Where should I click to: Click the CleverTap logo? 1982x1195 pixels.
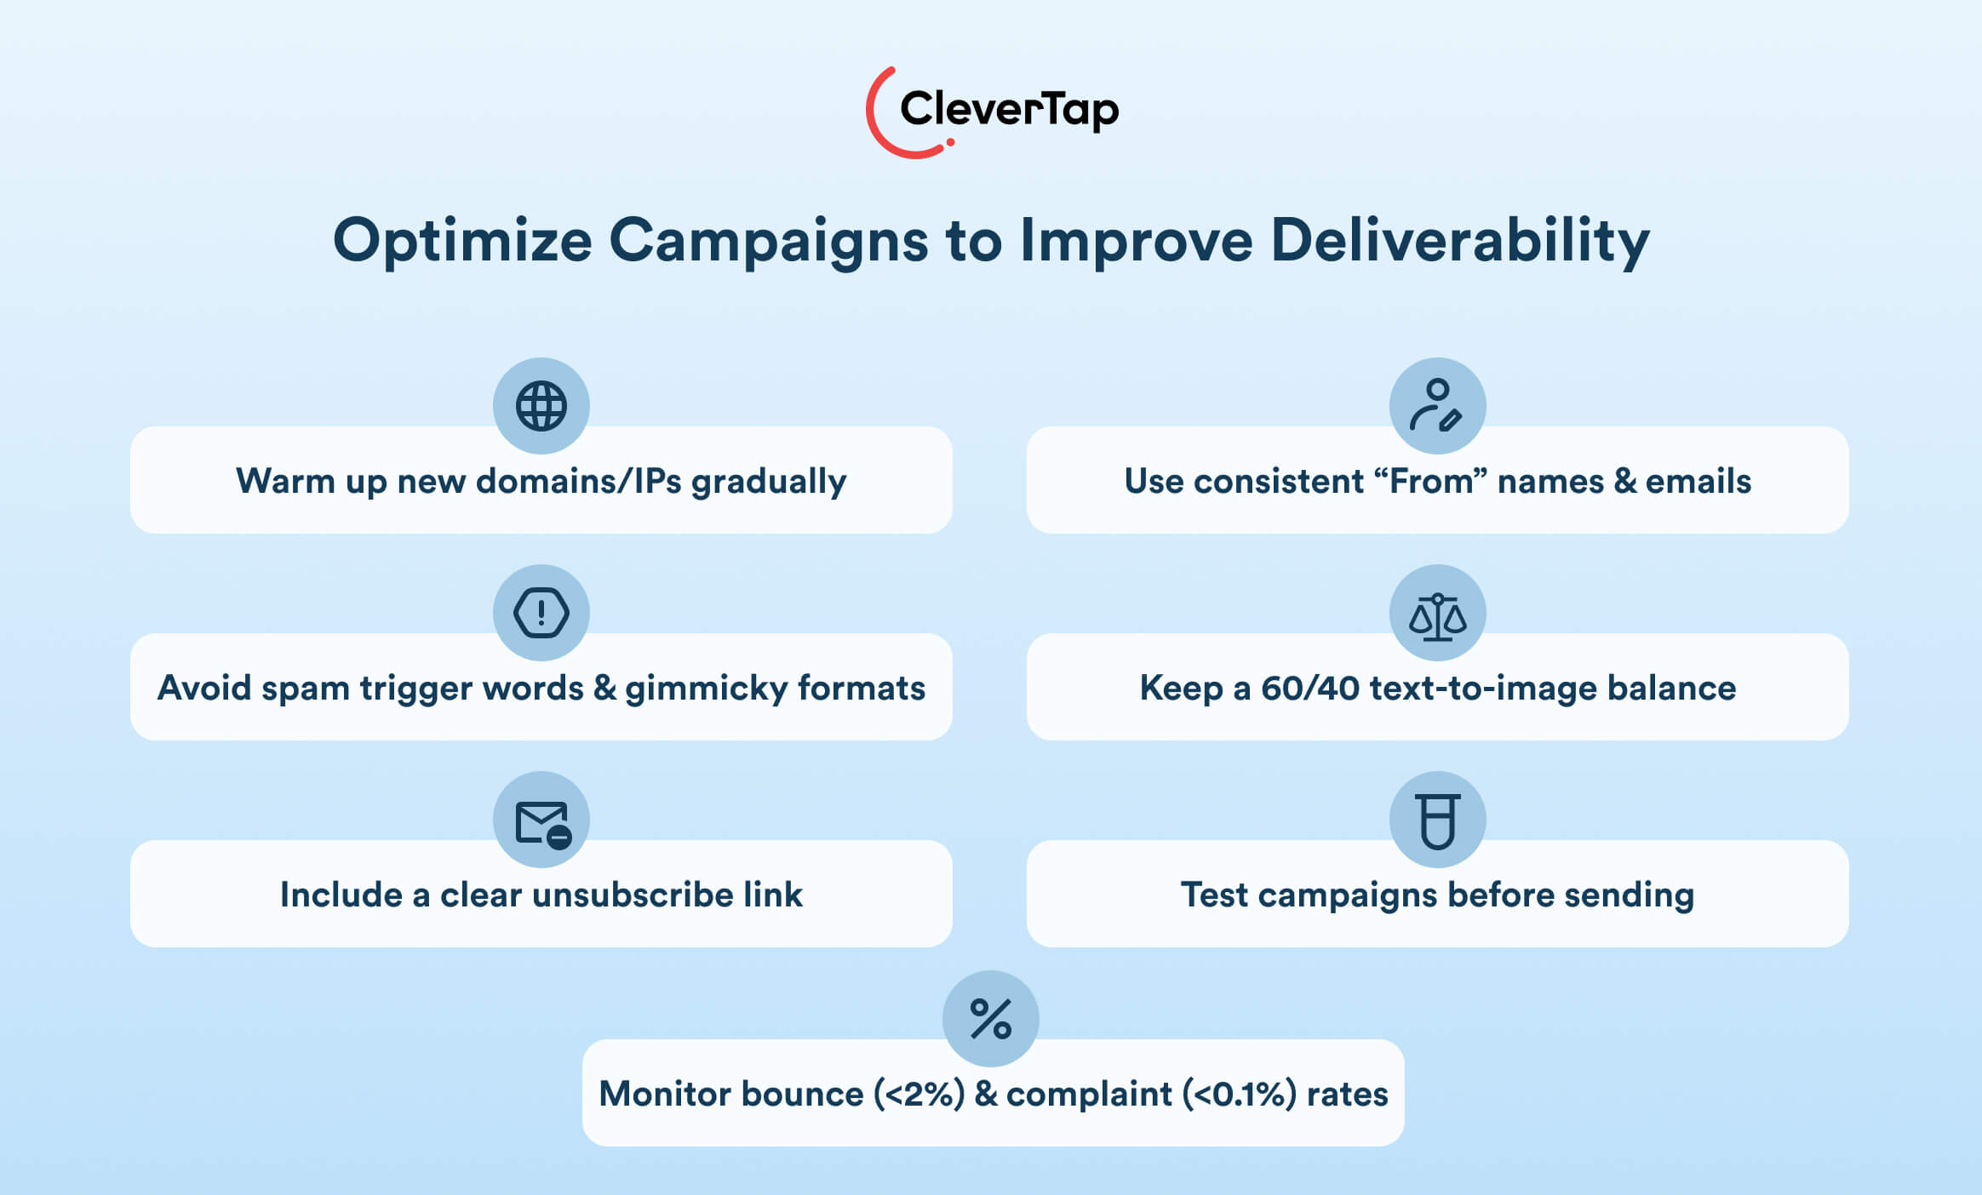tap(992, 111)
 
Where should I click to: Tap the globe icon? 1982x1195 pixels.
tap(541, 406)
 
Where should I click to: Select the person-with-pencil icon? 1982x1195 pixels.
tap(1436, 405)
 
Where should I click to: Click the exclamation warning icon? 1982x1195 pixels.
tap(541, 613)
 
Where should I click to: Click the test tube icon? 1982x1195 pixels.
tap(1438, 821)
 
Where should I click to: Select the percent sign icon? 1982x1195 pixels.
tap(991, 1019)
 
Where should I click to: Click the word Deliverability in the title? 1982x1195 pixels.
tap(1460, 241)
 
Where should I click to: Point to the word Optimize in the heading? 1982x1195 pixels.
tap(462, 241)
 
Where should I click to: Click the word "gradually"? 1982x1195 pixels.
tap(769, 483)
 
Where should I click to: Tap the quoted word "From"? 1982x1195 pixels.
tap(1431, 481)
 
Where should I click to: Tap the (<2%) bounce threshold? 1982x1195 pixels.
tap(919, 1094)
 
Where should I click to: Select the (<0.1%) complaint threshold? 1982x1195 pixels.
tap(1240, 1094)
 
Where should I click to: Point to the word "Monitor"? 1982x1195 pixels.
tap(665, 1094)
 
